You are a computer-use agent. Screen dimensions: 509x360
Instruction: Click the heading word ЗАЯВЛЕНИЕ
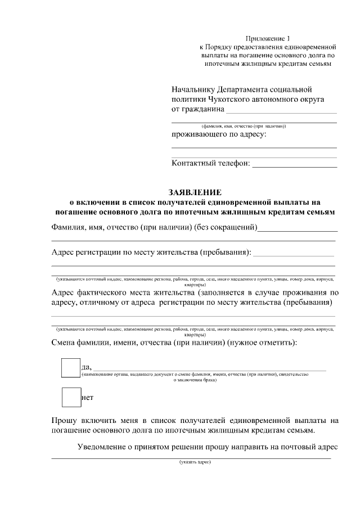point(195,191)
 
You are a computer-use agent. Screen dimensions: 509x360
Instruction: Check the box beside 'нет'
point(71,397)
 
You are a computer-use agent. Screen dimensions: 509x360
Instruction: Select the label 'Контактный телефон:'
point(210,164)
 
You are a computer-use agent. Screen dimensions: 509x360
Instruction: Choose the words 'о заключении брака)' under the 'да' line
point(195,380)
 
